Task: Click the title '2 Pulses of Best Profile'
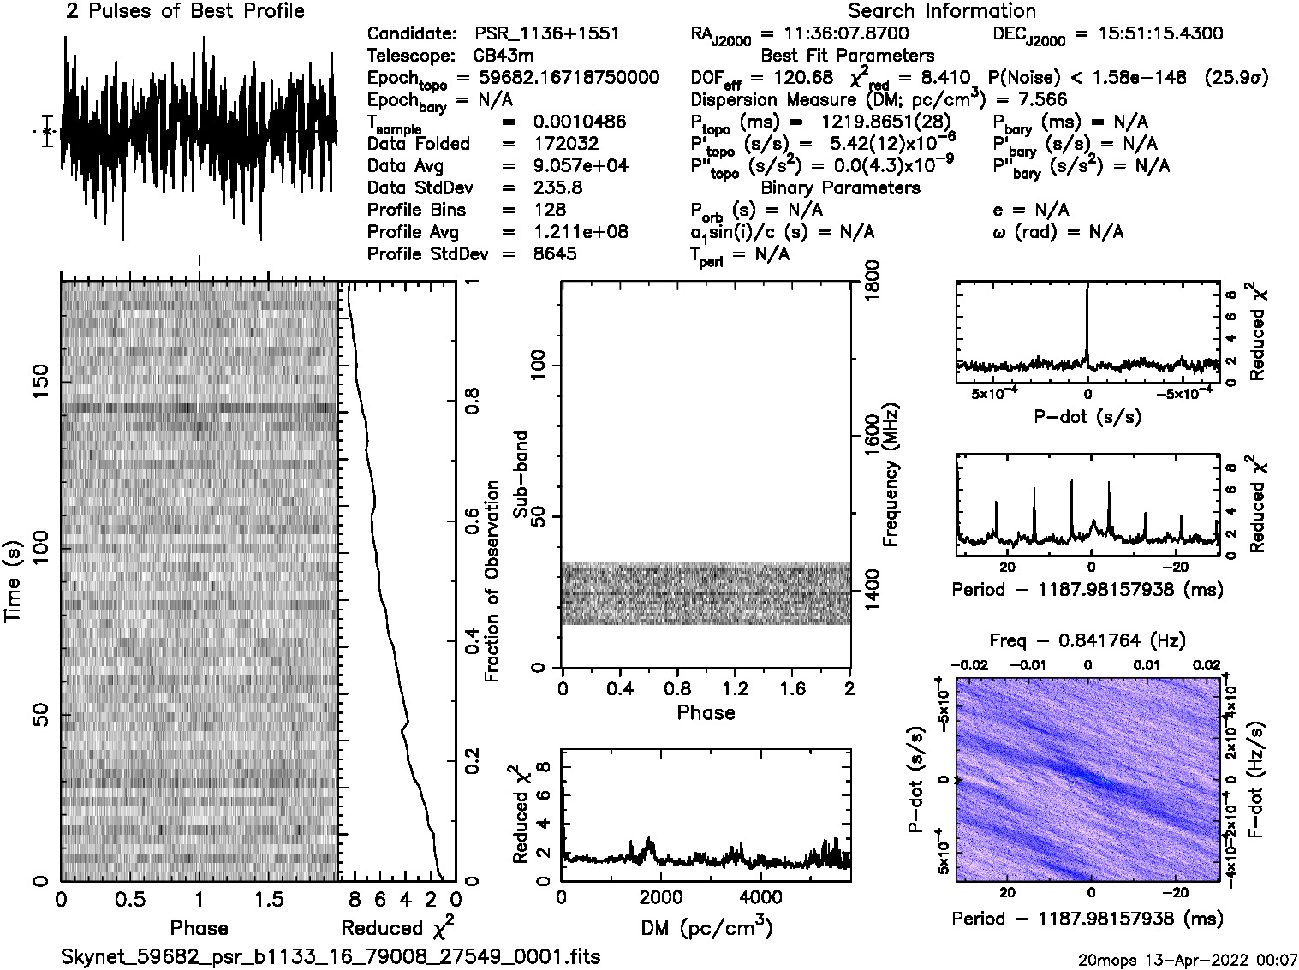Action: [185, 11]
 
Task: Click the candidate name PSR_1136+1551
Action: [546, 34]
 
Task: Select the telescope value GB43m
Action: [504, 57]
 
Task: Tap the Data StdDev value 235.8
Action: [557, 187]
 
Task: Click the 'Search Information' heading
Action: [941, 11]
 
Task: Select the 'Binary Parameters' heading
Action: [840, 188]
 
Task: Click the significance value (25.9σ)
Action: [1236, 78]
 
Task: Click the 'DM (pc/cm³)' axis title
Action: [706, 927]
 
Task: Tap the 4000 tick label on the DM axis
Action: [760, 897]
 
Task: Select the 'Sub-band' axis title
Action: [520, 473]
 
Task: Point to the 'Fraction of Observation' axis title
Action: [492, 580]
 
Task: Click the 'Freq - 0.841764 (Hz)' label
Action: [1087, 640]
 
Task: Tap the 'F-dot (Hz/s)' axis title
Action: [1257, 777]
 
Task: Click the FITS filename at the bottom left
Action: [331, 956]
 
